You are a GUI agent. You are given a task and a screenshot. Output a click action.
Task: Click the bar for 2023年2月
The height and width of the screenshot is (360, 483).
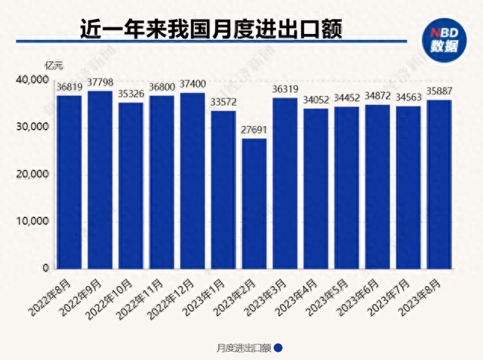pyautogui.click(x=254, y=204)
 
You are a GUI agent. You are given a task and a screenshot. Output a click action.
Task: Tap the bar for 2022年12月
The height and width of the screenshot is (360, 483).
pyautogui.click(x=192, y=181)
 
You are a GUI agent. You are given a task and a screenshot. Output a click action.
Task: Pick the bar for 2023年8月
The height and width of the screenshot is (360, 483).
pyautogui.click(x=438, y=185)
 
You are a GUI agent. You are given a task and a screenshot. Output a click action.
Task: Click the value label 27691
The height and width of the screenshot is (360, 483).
pyautogui.click(x=254, y=131)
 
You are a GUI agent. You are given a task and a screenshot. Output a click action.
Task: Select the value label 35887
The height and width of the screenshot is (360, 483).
pyautogui.click(x=438, y=93)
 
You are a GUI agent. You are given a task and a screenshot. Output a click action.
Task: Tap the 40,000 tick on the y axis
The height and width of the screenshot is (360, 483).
pyautogui.click(x=32, y=79)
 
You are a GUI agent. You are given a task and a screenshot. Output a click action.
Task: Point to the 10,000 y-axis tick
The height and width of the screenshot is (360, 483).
pyautogui.click(x=32, y=221)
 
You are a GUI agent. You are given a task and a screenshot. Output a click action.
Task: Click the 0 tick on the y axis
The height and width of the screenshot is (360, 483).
pyautogui.click(x=45, y=268)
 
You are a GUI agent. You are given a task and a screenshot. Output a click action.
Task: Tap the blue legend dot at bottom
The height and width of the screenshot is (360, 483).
pyautogui.click(x=277, y=347)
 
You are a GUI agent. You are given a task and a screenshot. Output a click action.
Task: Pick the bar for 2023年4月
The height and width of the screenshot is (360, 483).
pyautogui.click(x=315, y=189)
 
